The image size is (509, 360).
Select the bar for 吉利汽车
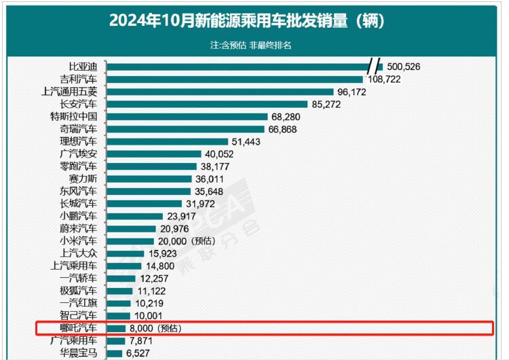(235, 79)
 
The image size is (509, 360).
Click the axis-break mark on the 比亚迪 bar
(375, 67)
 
